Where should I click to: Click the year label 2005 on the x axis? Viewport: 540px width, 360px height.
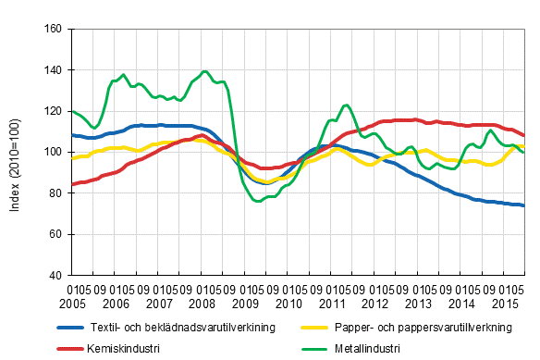point(83,303)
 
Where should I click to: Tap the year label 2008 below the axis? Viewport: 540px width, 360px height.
point(202,303)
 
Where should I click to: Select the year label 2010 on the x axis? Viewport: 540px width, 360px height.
point(288,303)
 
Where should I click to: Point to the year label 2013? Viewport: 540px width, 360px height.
point(419,303)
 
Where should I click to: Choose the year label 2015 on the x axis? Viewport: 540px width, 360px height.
point(505,303)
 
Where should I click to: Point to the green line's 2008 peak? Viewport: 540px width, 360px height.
point(204,71)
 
